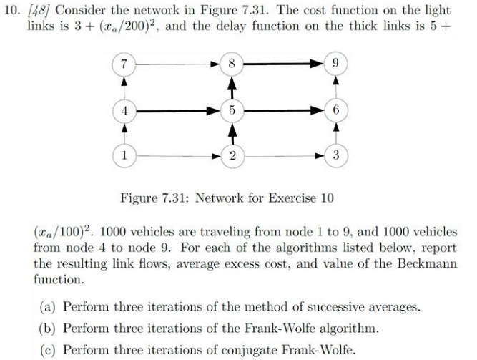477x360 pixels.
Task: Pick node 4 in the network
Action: [x=125, y=111]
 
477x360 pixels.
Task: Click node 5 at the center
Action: [x=231, y=111]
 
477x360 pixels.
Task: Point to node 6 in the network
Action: [x=336, y=111]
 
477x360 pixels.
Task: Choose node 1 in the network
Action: [x=125, y=155]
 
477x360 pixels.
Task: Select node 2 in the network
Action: [x=231, y=155]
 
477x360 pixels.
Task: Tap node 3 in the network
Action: [x=336, y=155]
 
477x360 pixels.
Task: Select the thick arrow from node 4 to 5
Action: [x=177, y=111]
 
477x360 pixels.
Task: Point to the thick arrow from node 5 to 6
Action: [x=283, y=111]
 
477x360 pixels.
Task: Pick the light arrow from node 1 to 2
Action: [x=177, y=155]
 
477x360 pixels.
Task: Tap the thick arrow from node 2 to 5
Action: [x=231, y=133]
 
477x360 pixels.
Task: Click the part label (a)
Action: [x=49, y=307]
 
